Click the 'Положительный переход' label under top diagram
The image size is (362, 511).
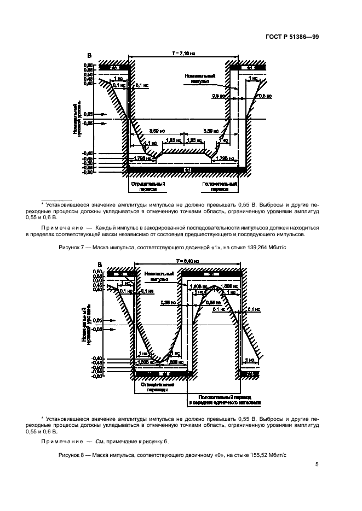[218, 187]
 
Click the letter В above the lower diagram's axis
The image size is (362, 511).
[99, 266]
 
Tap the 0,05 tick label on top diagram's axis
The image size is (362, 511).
[88, 114]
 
